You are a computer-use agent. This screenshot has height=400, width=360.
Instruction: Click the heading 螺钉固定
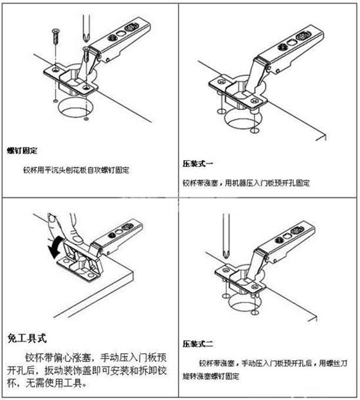click(22, 150)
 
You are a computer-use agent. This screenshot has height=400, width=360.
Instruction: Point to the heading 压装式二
click(198, 343)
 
